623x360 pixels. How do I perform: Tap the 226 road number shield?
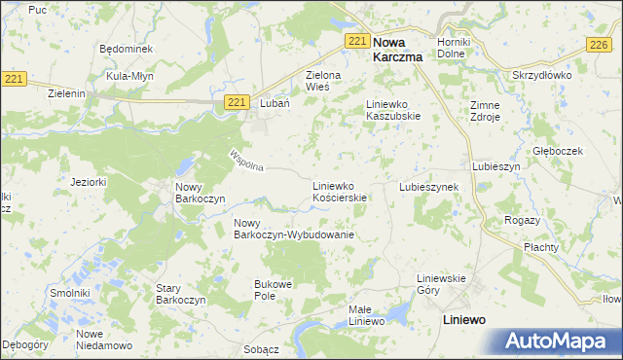pyautogui.click(x=598, y=46)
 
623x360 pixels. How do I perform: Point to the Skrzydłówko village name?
pyautogui.click(x=539, y=75)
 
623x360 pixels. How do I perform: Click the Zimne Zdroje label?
pyautogui.click(x=484, y=110)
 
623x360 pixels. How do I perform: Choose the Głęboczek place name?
pyautogui.click(x=557, y=151)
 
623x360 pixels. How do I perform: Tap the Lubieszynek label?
pyautogui.click(x=428, y=186)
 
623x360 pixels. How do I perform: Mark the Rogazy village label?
pyautogui.click(x=522, y=220)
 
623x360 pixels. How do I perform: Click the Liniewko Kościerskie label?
pyautogui.click(x=339, y=191)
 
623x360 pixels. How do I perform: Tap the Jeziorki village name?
pyautogui.click(x=88, y=182)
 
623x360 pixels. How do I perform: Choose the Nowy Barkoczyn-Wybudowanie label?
pyautogui.click(x=292, y=230)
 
